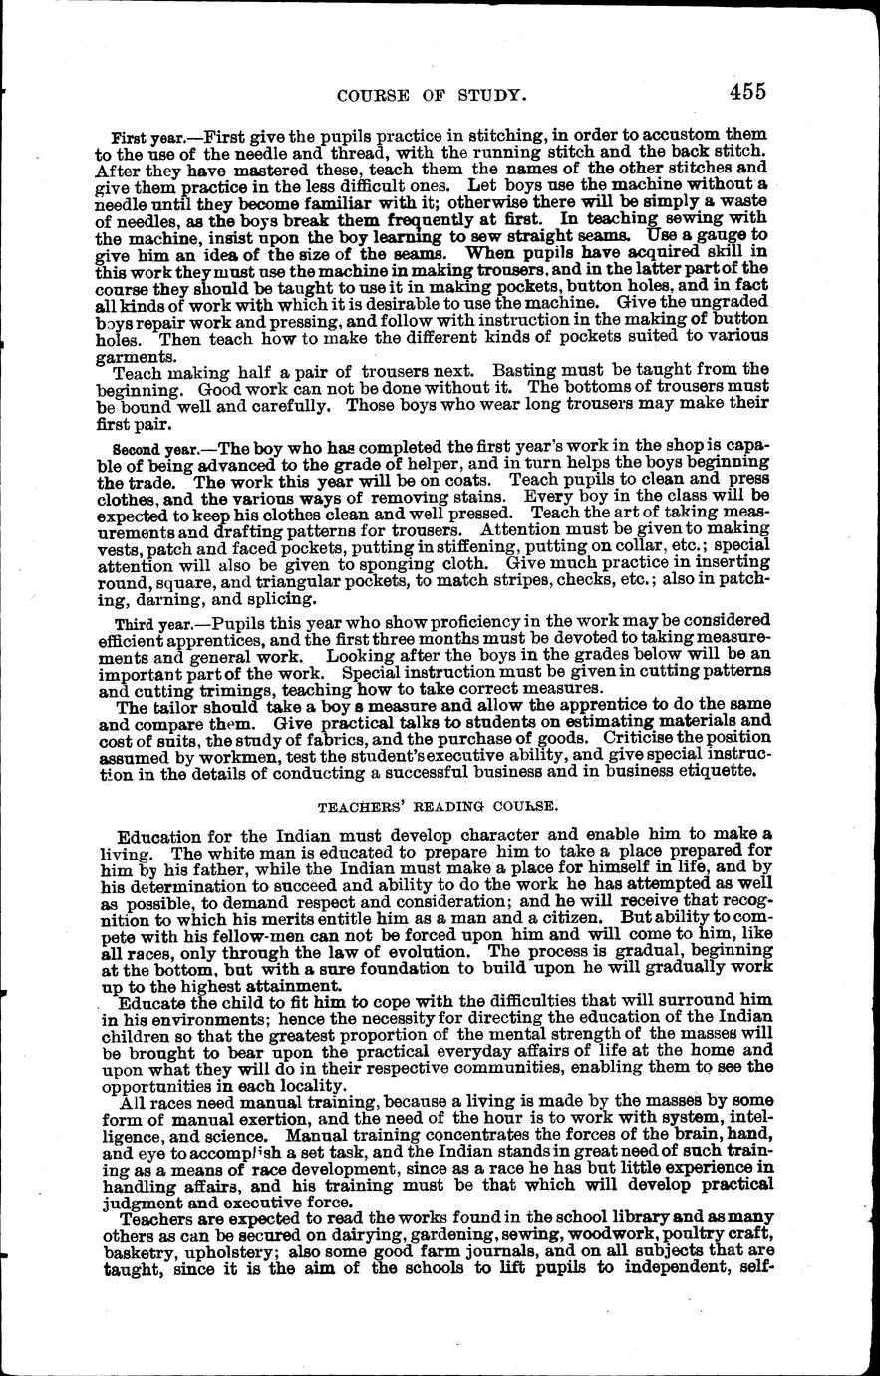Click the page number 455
pyautogui.click(x=746, y=92)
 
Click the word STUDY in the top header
pyautogui.click(x=487, y=96)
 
